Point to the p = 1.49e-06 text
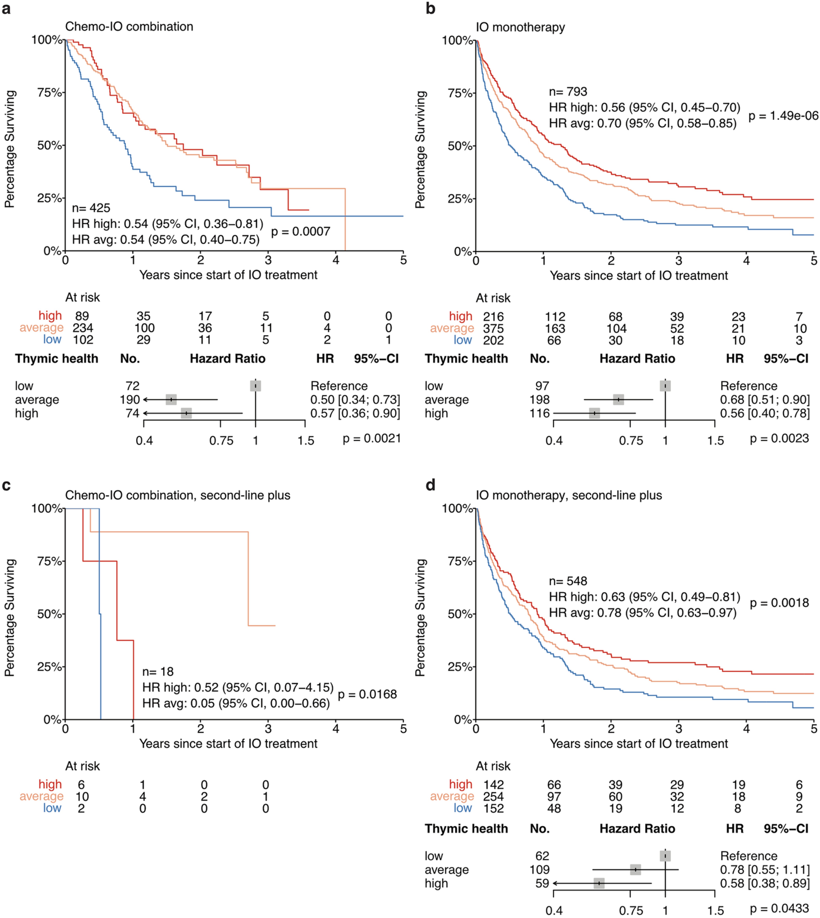coord(783,116)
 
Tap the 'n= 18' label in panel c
coord(158,672)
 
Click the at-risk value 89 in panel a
coord(82,316)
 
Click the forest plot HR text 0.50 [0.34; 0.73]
coord(355,400)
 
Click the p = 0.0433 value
coord(779,909)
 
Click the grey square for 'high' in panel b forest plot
coord(594,413)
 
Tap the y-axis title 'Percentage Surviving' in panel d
coord(420,618)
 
